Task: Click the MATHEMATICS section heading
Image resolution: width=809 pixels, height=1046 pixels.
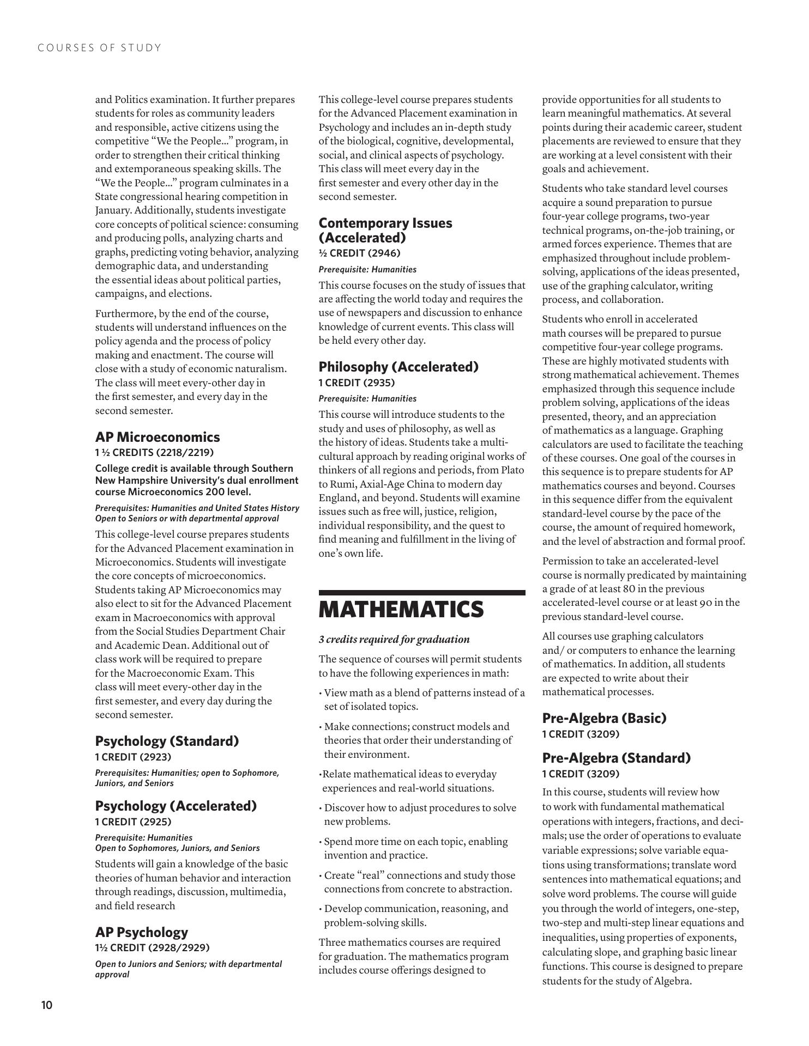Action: tap(401, 610)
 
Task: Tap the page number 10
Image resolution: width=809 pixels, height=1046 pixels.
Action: tap(46, 1005)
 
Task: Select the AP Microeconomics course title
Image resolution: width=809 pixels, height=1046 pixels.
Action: tap(158, 437)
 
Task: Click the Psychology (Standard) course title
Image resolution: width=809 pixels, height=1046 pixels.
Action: tap(167, 741)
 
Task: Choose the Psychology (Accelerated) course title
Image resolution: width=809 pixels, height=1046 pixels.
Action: tap(176, 806)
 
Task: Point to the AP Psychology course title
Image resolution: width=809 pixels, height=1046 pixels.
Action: tap(141, 932)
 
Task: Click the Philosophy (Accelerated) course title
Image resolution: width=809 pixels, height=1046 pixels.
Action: tap(399, 367)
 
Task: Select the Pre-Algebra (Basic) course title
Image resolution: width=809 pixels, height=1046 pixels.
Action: tap(604, 718)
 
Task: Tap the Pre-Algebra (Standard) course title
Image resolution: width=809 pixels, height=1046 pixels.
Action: tap(616, 758)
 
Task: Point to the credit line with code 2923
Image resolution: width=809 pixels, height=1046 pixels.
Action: tap(133, 757)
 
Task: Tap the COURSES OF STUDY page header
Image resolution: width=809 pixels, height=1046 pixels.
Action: tap(100, 48)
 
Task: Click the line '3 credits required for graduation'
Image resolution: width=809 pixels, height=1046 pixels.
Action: tap(394, 639)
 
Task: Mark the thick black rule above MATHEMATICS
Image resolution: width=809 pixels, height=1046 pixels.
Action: tap(422, 592)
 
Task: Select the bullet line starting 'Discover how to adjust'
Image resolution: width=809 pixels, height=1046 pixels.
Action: tap(420, 808)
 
